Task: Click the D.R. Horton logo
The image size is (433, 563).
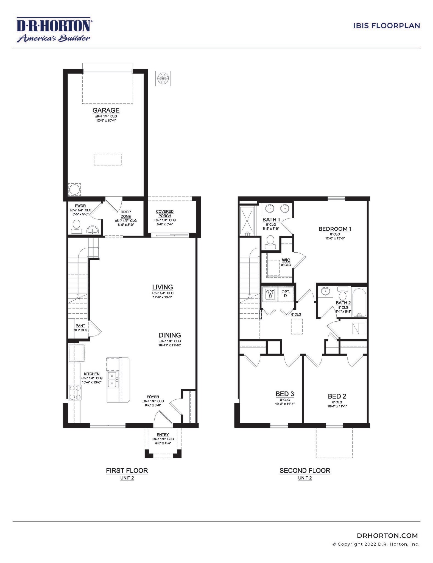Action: click(x=54, y=29)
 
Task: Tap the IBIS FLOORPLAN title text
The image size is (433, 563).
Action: click(x=386, y=26)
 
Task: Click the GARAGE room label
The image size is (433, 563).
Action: click(x=106, y=110)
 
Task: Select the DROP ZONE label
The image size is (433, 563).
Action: click(x=125, y=214)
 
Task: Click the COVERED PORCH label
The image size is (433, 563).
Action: click(x=165, y=214)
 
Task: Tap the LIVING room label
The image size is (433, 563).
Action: click(x=163, y=287)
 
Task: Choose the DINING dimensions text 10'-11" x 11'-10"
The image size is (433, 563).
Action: click(x=170, y=345)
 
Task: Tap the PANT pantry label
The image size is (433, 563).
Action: click(x=80, y=326)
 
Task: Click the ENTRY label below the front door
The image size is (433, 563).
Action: click(x=163, y=435)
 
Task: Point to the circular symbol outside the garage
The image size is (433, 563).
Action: click(x=163, y=79)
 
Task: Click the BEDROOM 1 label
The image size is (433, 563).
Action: click(x=335, y=229)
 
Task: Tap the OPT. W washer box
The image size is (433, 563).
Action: click(x=270, y=294)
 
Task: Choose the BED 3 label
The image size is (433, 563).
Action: click(x=285, y=394)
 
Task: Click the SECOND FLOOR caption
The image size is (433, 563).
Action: click(x=305, y=471)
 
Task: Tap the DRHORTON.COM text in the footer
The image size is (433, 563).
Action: click(x=387, y=536)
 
